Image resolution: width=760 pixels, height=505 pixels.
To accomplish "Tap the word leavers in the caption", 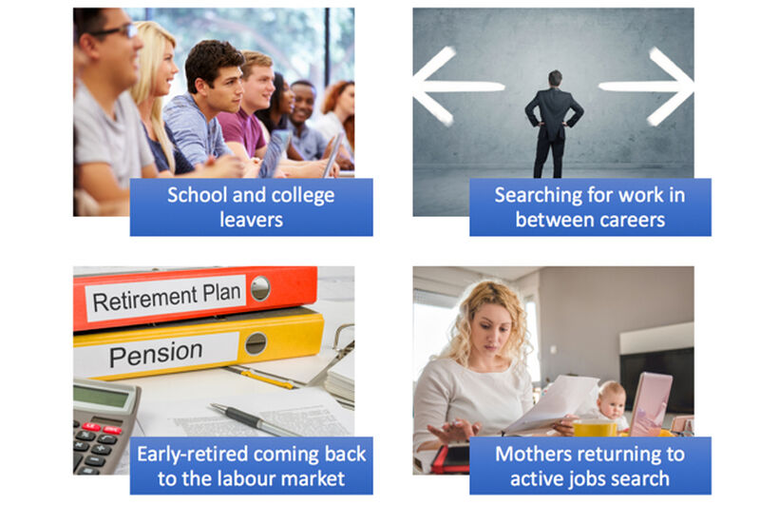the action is click(x=251, y=220).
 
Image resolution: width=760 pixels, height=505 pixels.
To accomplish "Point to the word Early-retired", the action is click(x=193, y=455).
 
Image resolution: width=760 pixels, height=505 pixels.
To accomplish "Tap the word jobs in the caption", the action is click(x=586, y=479).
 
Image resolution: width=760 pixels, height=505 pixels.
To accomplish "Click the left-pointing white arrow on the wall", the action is click(x=456, y=87).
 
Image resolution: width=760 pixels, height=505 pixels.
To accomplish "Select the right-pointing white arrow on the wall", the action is click(x=647, y=87).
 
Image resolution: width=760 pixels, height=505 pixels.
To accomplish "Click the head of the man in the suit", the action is click(x=555, y=78).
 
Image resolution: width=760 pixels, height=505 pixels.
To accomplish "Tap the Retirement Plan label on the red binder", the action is click(x=166, y=296).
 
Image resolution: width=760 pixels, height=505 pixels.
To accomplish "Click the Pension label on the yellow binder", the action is click(x=156, y=353).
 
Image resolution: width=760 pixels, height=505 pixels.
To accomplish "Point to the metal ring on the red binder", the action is click(x=260, y=288).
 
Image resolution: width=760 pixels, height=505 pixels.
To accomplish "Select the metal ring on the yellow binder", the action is click(x=256, y=344).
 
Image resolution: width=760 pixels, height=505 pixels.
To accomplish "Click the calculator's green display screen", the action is click(x=101, y=396).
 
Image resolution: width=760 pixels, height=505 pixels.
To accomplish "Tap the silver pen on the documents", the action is click(x=253, y=419).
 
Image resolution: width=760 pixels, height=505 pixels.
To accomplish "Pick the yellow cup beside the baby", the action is click(x=595, y=428).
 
